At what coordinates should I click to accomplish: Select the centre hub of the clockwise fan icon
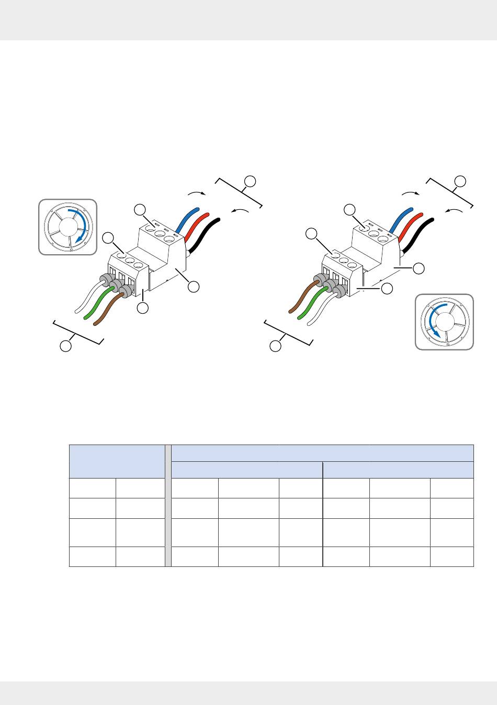point(67,226)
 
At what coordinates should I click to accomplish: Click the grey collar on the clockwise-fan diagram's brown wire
point(126,290)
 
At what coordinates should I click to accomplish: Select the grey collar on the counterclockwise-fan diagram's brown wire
point(319,278)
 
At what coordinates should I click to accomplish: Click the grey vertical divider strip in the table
point(168,506)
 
